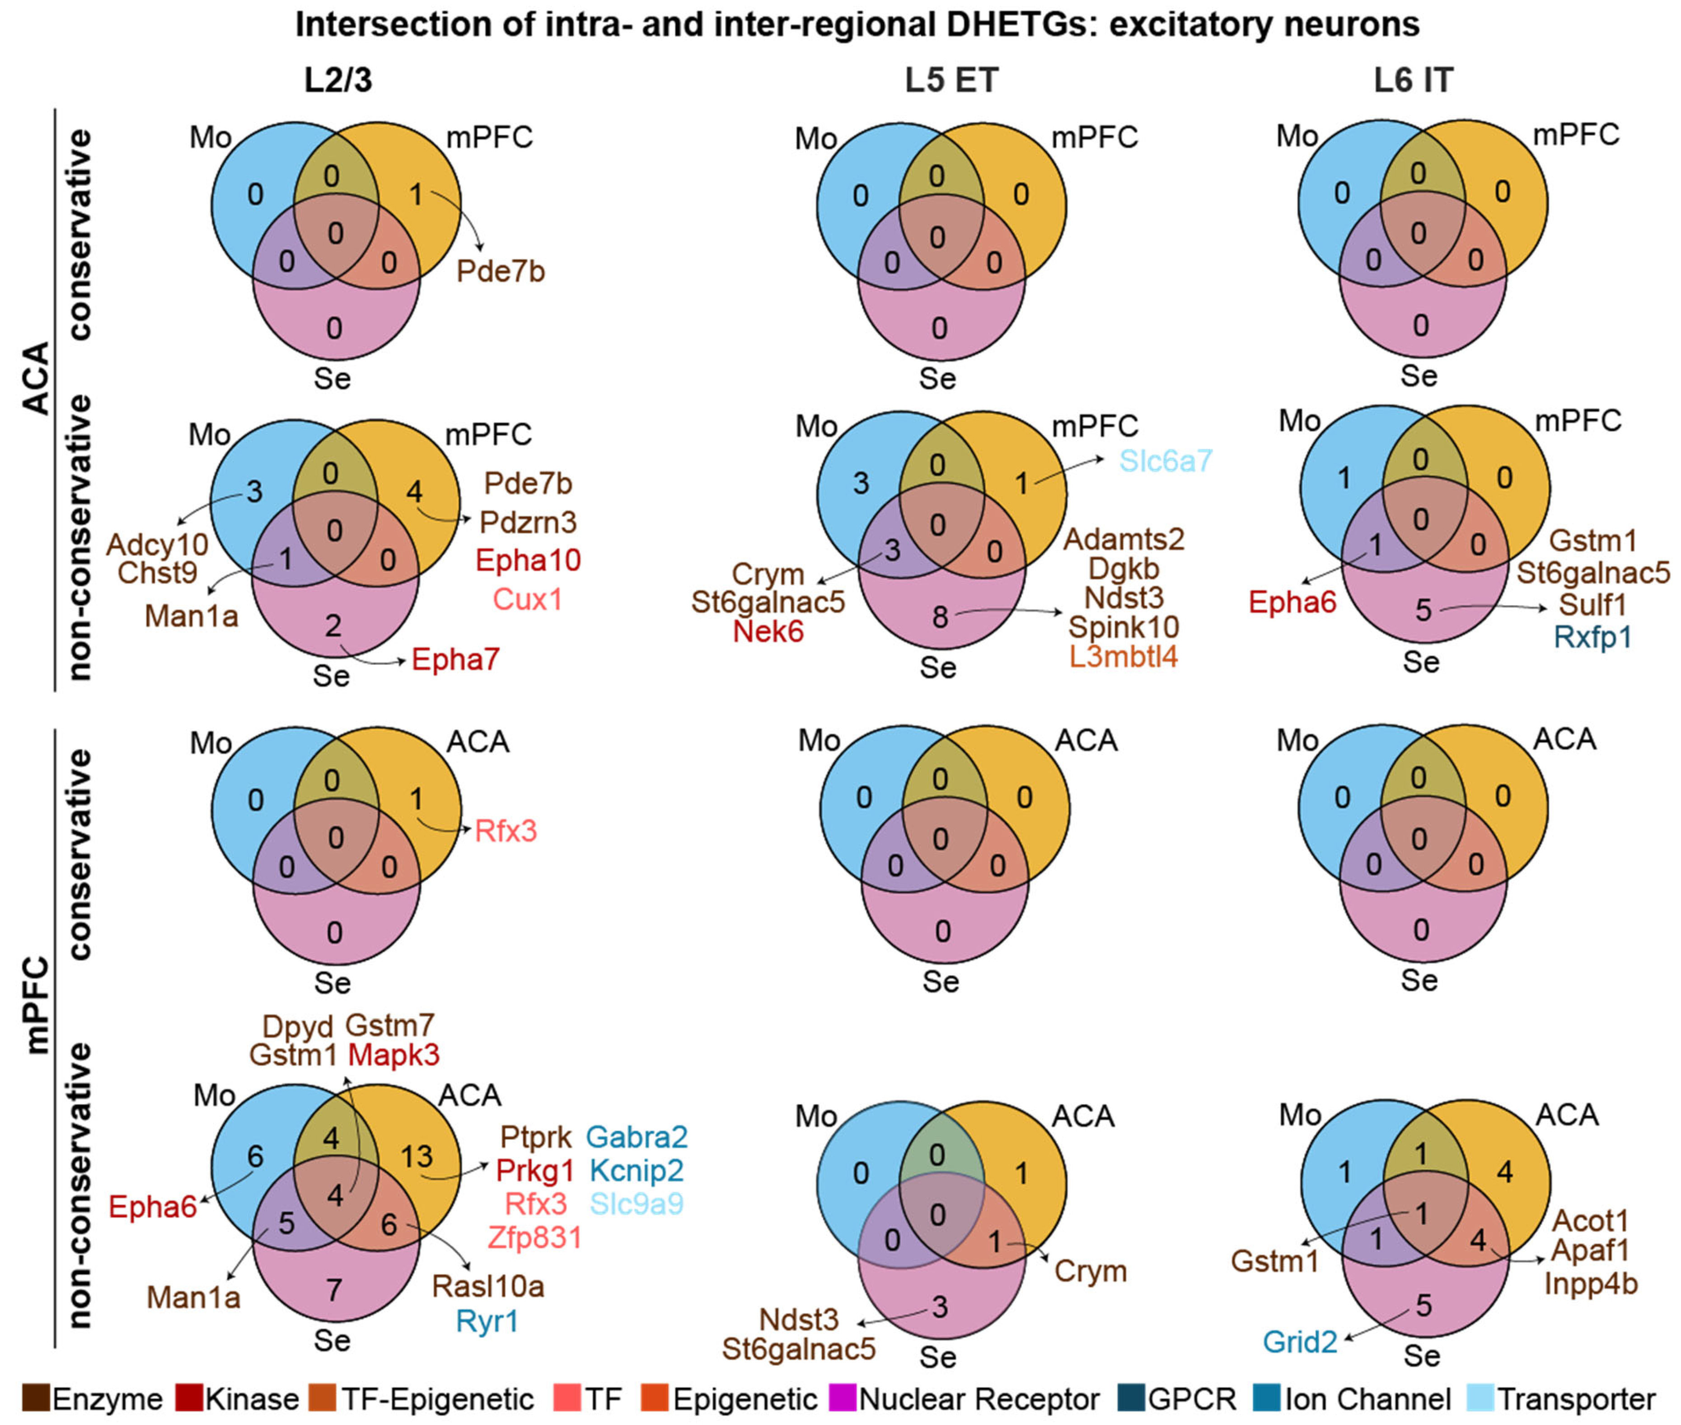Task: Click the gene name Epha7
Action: [455, 660]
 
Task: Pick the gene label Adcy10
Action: [158, 545]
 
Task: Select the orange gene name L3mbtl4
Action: [1123, 656]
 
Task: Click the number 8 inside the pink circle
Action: [940, 617]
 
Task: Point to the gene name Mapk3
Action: [394, 1054]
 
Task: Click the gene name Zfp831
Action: [534, 1237]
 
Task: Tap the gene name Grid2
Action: [1300, 1342]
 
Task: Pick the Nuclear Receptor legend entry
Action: [979, 1399]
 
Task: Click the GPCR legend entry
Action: [1192, 1399]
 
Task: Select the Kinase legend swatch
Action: [188, 1398]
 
